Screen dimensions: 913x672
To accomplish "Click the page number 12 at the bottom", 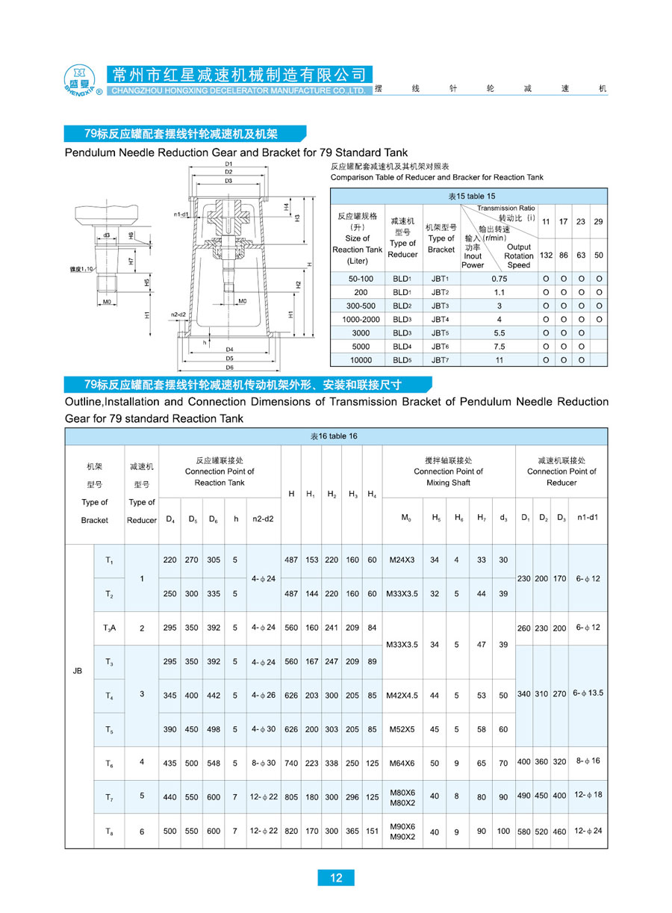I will (336, 877).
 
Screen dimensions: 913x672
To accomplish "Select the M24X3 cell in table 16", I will (402, 560).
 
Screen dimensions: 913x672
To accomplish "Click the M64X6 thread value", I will (402, 763).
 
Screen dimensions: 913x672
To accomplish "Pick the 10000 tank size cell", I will (361, 360).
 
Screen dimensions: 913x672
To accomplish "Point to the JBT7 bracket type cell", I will (440, 360).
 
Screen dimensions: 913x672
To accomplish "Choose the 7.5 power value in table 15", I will (499, 347).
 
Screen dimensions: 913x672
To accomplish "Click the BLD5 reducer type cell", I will (402, 360).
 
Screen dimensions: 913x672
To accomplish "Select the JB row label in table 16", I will (78, 671).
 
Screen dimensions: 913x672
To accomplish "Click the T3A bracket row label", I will (109, 628).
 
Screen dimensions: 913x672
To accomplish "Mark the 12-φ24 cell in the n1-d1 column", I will (588, 830).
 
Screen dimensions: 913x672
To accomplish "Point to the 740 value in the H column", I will (290, 763).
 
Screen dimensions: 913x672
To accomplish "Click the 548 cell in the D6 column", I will (214, 763).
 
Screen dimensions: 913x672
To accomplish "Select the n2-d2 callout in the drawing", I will (178, 314).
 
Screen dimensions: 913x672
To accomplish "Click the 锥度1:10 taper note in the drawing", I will (79, 268).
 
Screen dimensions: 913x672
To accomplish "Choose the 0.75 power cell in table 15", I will (499, 278).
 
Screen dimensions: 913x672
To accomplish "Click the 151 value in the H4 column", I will (372, 831).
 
